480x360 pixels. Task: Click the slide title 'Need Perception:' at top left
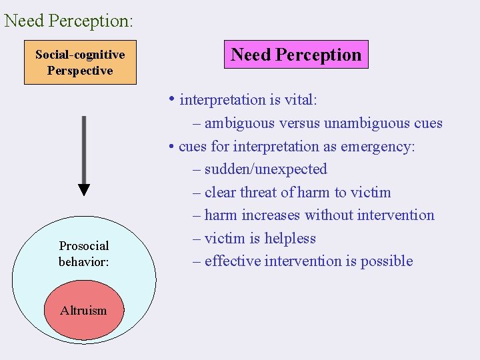point(69,20)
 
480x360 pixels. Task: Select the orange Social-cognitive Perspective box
point(80,63)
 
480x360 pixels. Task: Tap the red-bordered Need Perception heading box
point(296,55)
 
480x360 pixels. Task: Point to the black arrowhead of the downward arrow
point(83,189)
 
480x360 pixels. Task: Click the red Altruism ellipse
point(83,310)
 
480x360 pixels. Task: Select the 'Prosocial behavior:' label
point(83,254)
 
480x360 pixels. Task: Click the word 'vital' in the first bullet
point(297,100)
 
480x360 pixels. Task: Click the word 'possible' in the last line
point(387,261)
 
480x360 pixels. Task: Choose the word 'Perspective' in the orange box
point(80,71)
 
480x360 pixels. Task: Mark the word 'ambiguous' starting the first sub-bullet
point(235,123)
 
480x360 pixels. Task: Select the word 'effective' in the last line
point(232,261)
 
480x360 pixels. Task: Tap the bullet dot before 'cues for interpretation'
point(172,147)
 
